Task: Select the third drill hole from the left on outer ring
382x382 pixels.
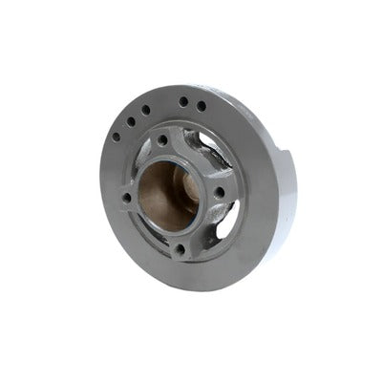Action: click(x=146, y=110)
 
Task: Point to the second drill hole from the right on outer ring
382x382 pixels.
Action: click(x=183, y=100)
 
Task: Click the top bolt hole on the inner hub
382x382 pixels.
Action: click(x=163, y=141)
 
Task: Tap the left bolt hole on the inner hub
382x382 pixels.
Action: click(x=126, y=198)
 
